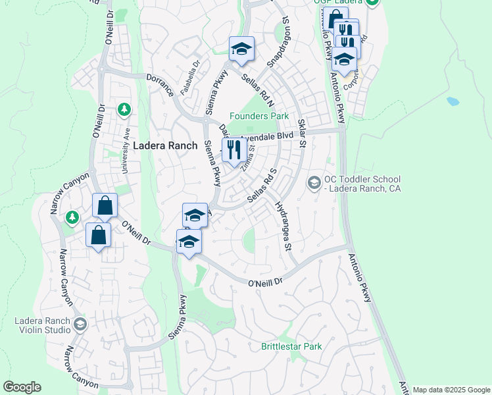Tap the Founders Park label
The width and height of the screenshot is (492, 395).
click(259, 116)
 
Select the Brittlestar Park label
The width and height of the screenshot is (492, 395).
click(291, 346)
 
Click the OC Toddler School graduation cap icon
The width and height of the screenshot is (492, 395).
click(314, 182)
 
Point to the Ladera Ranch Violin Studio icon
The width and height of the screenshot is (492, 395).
click(80, 323)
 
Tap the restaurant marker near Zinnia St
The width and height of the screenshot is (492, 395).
click(232, 151)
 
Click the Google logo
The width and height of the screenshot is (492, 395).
click(22, 387)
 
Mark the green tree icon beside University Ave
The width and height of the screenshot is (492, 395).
click(124, 109)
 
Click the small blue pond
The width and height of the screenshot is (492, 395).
click(453, 102)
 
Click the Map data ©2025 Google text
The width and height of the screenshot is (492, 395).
click(451, 390)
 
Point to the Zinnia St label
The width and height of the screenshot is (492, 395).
click(248, 158)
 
